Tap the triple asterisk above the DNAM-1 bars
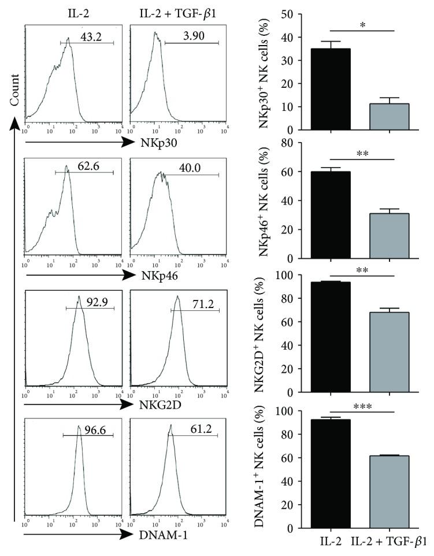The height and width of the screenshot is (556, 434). click(362, 406)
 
